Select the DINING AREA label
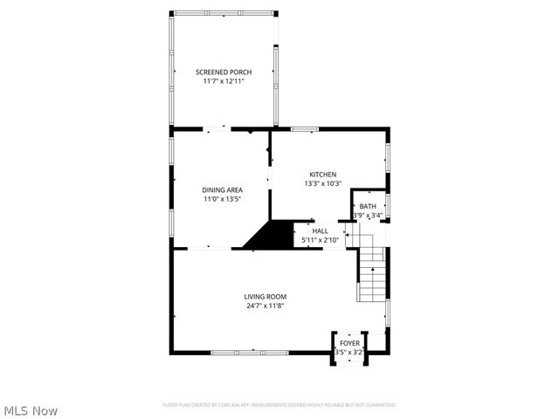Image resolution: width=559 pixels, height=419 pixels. (222, 189)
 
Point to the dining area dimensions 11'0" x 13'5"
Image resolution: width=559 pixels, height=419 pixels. (222, 198)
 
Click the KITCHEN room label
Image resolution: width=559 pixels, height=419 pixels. (322, 175)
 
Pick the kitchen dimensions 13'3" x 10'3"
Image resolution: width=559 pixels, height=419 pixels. (322, 183)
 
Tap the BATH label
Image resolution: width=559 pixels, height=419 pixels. (368, 206)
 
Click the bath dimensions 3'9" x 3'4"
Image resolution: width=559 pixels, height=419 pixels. (368, 216)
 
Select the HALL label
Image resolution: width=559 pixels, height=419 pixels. (320, 230)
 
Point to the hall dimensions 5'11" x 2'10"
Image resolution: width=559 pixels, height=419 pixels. (320, 239)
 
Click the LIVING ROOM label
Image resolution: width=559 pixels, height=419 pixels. (265, 297)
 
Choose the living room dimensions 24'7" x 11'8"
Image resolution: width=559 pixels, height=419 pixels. (265, 306)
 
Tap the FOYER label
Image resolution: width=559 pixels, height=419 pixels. (349, 343)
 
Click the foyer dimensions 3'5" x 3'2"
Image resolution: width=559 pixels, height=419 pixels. (349, 352)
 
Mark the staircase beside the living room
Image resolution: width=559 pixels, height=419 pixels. (371, 272)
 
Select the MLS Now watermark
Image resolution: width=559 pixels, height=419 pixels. (31, 410)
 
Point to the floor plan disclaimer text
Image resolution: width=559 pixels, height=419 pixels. (279, 405)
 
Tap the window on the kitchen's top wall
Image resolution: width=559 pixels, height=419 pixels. (304, 129)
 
